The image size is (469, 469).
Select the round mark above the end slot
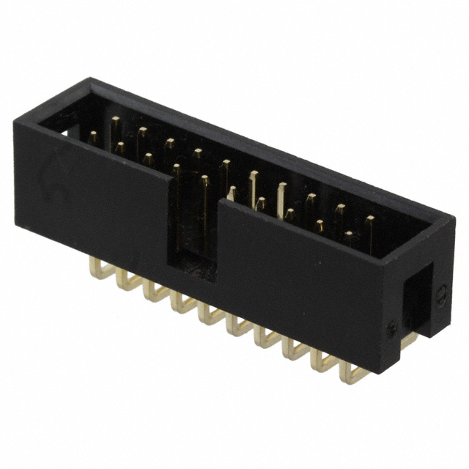coord(441,294)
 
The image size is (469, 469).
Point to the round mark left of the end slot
coord(393,329)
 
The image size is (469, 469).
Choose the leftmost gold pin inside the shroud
coord(94,137)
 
